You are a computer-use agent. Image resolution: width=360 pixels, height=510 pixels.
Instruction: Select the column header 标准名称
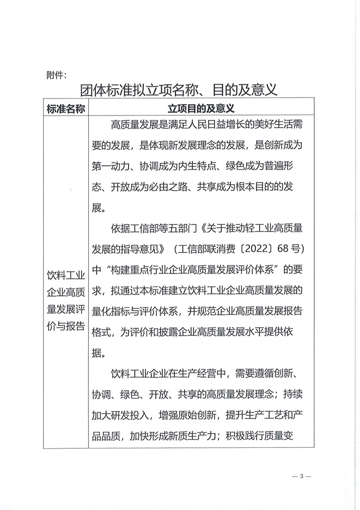pyautogui.click(x=66, y=109)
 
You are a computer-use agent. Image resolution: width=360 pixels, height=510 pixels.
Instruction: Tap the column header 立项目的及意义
pyautogui.click(x=201, y=109)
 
